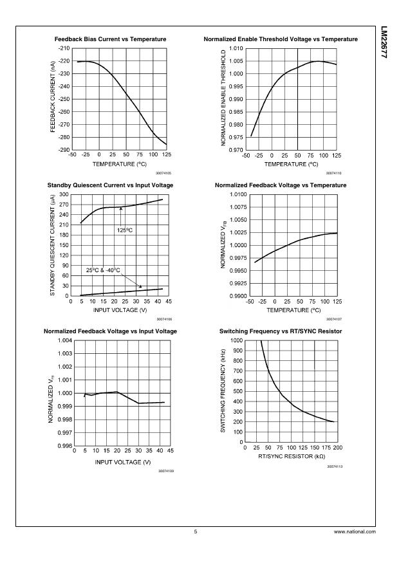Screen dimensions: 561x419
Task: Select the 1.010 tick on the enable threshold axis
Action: [235, 49]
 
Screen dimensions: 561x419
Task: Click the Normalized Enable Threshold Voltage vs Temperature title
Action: [280, 39]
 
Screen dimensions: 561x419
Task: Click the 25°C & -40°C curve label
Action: [104, 270]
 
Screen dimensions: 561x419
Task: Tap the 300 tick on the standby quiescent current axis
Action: [63, 194]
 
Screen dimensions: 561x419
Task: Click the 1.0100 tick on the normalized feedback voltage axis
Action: [237, 194]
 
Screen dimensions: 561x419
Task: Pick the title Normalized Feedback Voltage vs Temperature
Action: [280, 185]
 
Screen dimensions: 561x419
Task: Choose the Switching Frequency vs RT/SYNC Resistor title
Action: [280, 331]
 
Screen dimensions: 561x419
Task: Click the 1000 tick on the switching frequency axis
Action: [235, 340]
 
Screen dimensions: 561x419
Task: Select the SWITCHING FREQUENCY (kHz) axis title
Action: [223, 391]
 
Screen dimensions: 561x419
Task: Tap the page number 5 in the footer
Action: [195, 532]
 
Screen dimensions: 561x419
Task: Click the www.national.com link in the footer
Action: [355, 532]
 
